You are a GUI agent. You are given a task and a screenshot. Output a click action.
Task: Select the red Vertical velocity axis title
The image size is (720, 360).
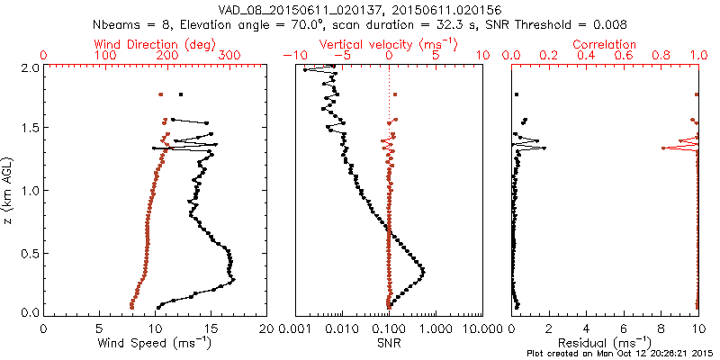point(388,43)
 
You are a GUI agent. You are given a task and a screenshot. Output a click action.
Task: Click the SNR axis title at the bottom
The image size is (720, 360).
point(388,343)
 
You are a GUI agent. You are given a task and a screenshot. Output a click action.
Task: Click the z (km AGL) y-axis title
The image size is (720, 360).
point(8,190)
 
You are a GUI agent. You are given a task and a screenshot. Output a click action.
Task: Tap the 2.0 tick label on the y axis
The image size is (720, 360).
point(29,67)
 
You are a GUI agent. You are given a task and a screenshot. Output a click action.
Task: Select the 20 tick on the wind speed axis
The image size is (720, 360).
point(266,330)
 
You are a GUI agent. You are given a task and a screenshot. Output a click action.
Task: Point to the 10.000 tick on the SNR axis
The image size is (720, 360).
point(481,330)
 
